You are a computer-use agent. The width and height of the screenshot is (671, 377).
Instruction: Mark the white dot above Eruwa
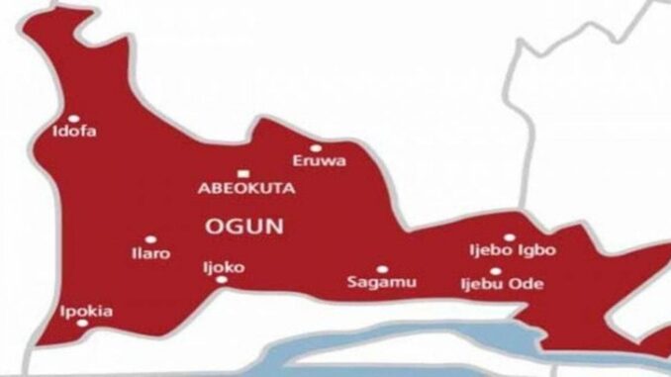(317, 148)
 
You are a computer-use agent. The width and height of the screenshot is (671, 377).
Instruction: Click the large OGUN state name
(242, 226)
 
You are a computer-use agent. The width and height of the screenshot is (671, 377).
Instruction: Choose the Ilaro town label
(149, 253)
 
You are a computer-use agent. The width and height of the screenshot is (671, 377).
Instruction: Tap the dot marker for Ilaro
(150, 238)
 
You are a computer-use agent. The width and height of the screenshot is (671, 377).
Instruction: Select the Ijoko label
(225, 266)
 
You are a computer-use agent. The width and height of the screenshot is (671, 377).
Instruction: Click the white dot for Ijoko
(221, 279)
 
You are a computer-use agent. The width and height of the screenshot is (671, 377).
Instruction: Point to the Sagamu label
(381, 283)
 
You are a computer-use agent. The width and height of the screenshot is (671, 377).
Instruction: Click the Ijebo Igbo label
(512, 251)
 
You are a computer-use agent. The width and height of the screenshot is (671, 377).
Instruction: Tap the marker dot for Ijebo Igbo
(509, 237)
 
